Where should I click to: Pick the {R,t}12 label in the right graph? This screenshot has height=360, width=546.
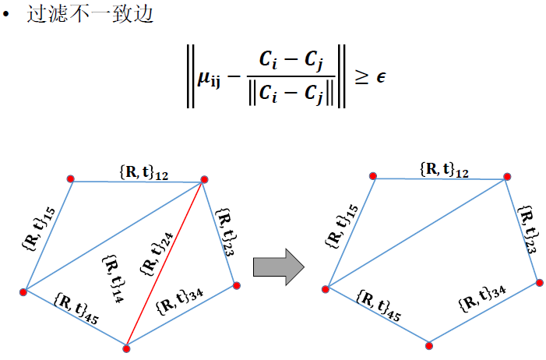[444, 169]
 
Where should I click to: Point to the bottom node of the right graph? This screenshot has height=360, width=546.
[429, 342]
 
